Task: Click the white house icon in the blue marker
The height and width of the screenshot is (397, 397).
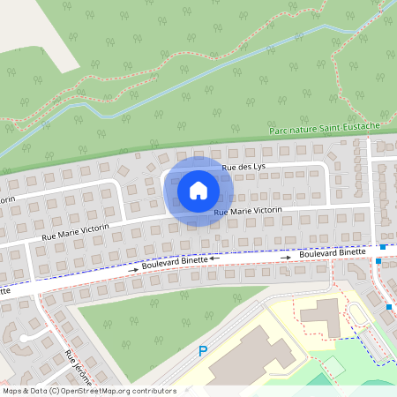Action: pos(198,190)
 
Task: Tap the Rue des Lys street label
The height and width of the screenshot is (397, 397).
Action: pos(243,166)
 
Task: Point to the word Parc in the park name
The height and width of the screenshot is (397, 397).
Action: pos(280,131)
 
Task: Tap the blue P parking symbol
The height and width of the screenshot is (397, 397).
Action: pos(203,351)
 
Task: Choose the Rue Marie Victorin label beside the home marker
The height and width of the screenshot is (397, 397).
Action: pos(247,211)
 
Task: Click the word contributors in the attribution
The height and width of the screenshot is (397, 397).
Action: pos(154,391)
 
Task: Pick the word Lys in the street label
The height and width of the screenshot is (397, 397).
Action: pos(258,165)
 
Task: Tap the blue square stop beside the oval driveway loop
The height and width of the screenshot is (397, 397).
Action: pos(389,307)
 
